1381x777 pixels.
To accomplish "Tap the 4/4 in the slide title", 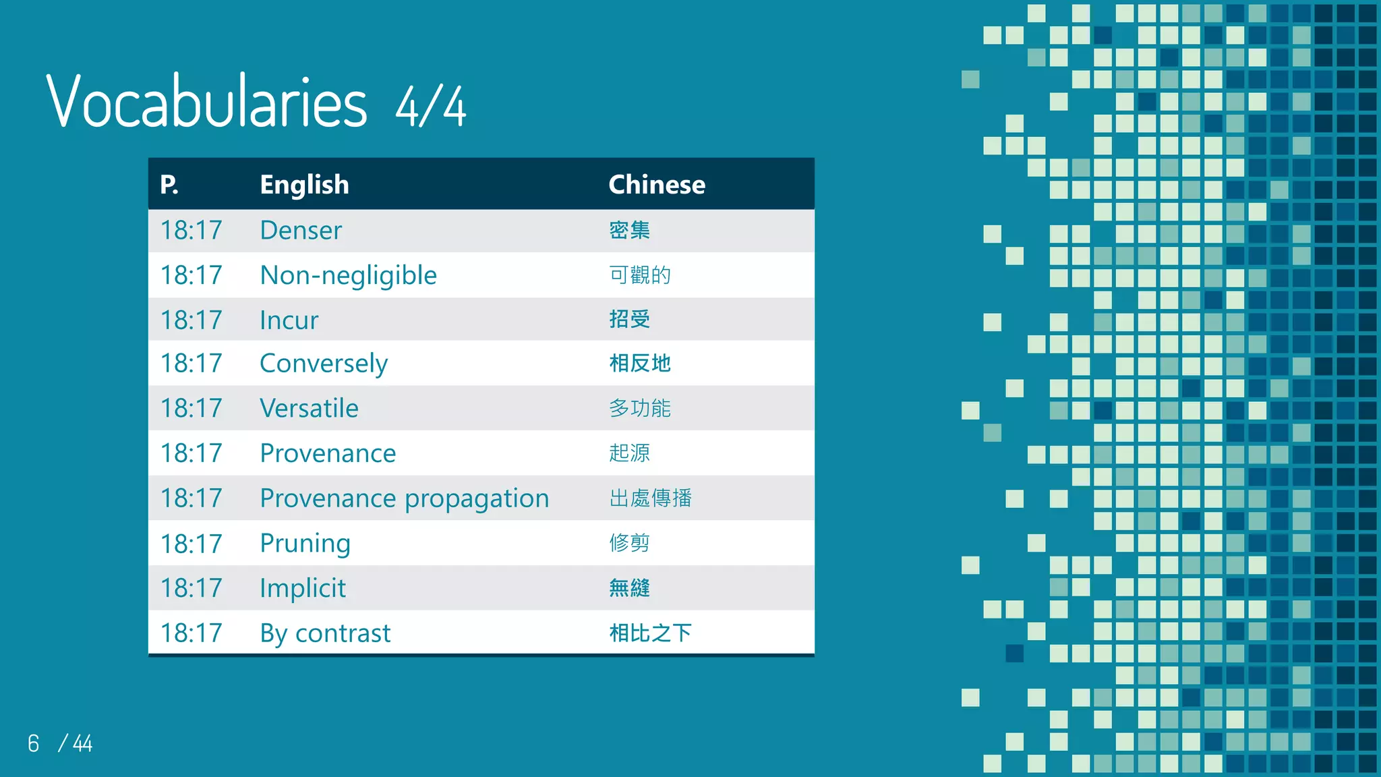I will click(430, 107).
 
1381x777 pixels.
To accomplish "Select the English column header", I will click(304, 185).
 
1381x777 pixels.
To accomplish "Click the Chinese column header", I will click(656, 185).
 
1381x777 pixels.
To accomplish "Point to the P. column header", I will click(169, 185).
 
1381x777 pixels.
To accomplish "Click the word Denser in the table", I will click(301, 231).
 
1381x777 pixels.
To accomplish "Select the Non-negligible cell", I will click(348, 275).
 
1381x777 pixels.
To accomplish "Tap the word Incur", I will click(289, 320).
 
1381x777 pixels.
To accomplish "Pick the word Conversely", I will click(324, 364).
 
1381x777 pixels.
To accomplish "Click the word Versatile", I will click(309, 408).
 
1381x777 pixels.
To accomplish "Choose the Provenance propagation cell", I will click(404, 498).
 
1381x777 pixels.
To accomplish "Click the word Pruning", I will click(305, 543).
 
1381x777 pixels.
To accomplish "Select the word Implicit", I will click(302, 588).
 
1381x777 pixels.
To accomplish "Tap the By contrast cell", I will click(325, 633).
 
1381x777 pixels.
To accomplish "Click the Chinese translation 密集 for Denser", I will click(629, 231).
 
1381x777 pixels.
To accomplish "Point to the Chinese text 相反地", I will click(639, 364).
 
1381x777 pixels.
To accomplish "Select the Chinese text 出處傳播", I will click(650, 498).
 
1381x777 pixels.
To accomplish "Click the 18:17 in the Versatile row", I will click(191, 408).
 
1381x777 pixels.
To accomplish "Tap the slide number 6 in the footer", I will click(34, 743).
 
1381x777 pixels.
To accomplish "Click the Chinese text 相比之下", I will click(650, 633).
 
